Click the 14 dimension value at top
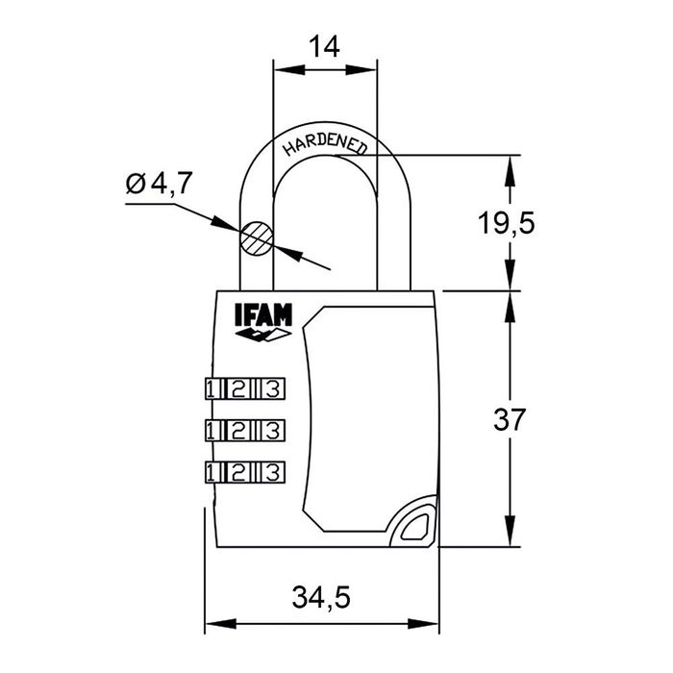pos(325,45)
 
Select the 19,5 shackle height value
pos(506,223)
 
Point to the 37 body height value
pos(509,419)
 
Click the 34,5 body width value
pos(321,598)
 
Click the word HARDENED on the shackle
pos(324,144)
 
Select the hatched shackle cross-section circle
pos(258,237)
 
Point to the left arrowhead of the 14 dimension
pos(282,68)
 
